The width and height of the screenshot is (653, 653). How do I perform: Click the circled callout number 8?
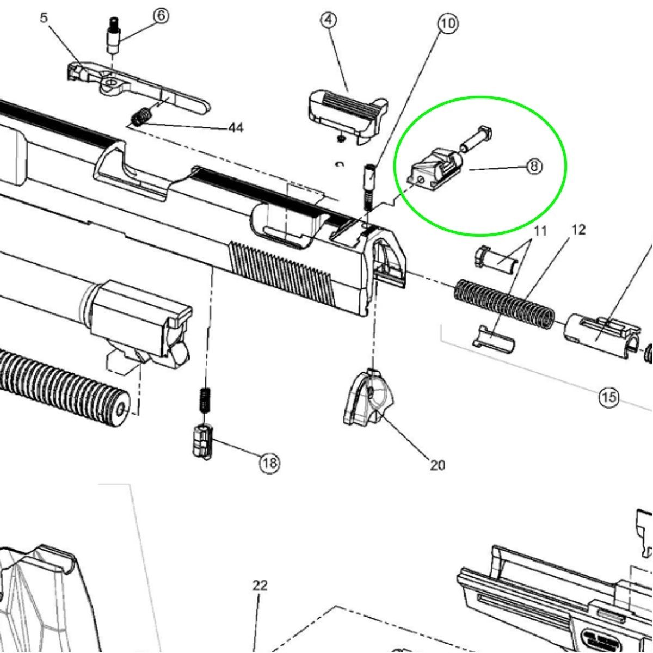point(534,167)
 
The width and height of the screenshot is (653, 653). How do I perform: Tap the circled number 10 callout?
point(448,23)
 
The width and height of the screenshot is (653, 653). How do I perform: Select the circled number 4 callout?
point(329,21)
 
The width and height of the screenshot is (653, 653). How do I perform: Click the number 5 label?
point(44,17)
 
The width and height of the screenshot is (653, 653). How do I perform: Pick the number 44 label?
point(236,128)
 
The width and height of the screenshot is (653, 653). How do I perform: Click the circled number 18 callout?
point(270,462)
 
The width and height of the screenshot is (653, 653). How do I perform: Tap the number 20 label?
point(438,465)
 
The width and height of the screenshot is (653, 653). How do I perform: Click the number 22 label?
point(260,585)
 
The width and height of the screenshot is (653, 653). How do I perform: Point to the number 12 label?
point(579,230)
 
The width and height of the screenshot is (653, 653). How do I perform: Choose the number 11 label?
point(540,231)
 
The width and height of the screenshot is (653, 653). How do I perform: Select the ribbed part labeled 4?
point(348,116)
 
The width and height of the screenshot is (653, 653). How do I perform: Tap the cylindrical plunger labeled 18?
point(202,442)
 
